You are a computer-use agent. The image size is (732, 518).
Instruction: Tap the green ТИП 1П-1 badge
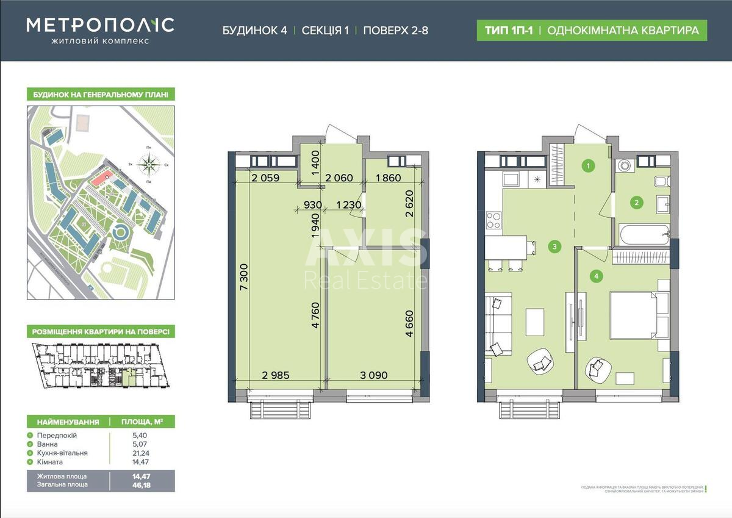pos(506,30)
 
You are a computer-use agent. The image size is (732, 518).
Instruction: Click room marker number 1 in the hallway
pos(588,165)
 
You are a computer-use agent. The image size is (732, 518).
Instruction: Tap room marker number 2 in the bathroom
pos(636,203)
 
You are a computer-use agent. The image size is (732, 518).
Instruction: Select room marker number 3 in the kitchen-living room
pos(553,246)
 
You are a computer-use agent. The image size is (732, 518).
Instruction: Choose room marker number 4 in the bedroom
pos(596,276)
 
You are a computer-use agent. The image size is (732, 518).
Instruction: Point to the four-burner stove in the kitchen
pos(493,220)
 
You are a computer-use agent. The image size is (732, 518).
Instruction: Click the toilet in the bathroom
pos(661,181)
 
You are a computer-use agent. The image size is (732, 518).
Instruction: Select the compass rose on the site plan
pos(148,163)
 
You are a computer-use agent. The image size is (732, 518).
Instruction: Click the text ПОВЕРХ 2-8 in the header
pos(395,31)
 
